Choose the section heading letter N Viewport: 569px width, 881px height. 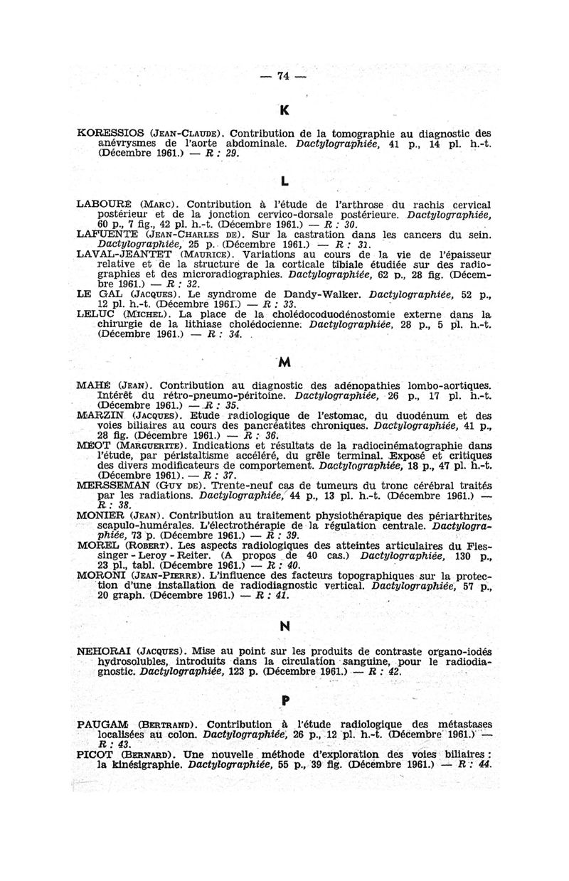[x=285, y=627]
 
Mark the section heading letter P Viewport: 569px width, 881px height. [x=285, y=700]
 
